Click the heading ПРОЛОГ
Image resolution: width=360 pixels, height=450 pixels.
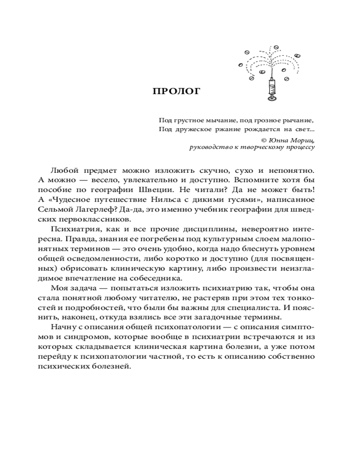176,92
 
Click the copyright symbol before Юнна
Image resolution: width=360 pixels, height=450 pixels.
264,140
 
